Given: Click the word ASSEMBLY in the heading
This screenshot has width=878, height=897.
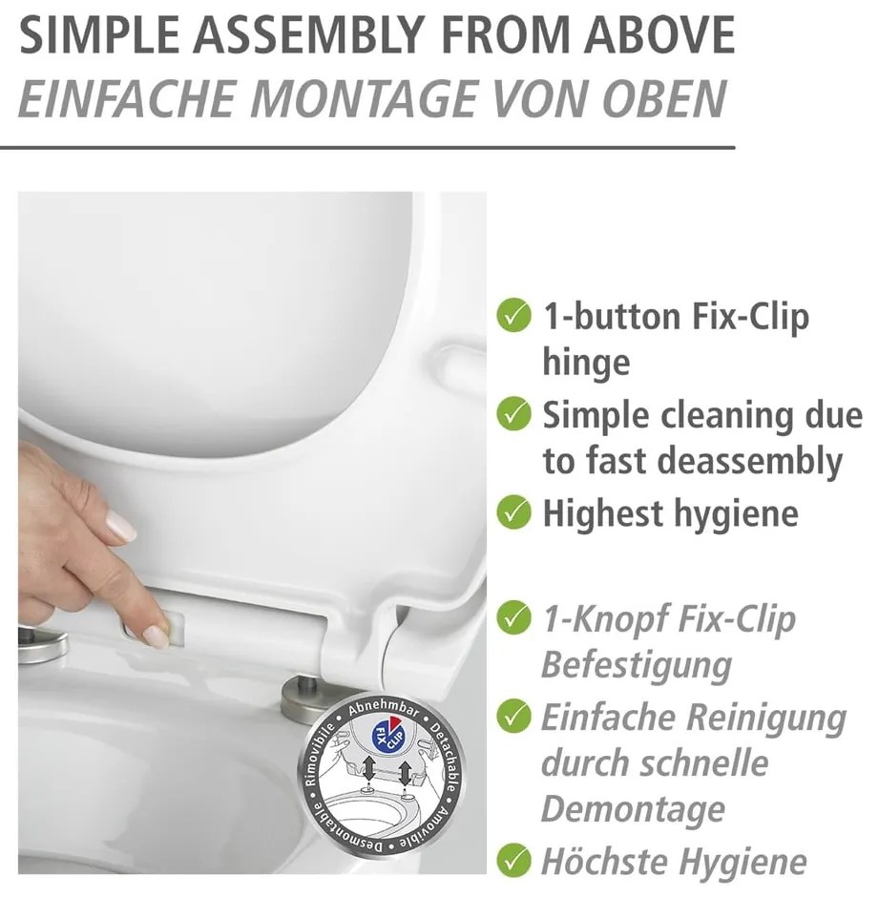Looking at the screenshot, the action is pyautogui.click(x=312, y=35).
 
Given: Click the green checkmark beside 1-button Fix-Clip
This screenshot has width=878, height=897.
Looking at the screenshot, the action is pyautogui.click(x=513, y=315).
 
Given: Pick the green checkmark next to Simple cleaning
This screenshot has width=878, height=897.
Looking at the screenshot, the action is pyautogui.click(x=513, y=413).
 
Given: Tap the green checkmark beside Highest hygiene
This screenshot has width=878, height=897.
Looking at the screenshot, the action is pyautogui.click(x=513, y=512).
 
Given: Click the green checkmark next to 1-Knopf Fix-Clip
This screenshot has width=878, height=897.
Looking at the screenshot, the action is pyautogui.click(x=513, y=617).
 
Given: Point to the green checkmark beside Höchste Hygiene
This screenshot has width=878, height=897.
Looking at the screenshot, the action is pyautogui.click(x=513, y=861).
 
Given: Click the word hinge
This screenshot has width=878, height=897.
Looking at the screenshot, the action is pyautogui.click(x=586, y=364).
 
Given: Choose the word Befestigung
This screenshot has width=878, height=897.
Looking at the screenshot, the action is pyautogui.click(x=637, y=666).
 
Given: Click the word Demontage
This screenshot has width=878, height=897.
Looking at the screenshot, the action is pyautogui.click(x=633, y=808).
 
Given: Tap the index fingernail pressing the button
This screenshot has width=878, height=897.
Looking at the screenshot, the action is pyautogui.click(x=157, y=636).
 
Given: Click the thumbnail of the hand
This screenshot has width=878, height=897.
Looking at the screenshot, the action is pyautogui.click(x=120, y=525).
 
